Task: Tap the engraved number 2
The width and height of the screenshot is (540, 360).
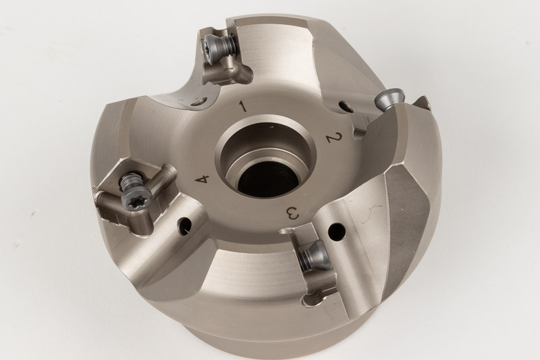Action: click(335, 138)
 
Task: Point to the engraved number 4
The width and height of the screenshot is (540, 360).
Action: click(202, 180)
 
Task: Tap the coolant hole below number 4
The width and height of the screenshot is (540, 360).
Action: click(184, 226)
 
